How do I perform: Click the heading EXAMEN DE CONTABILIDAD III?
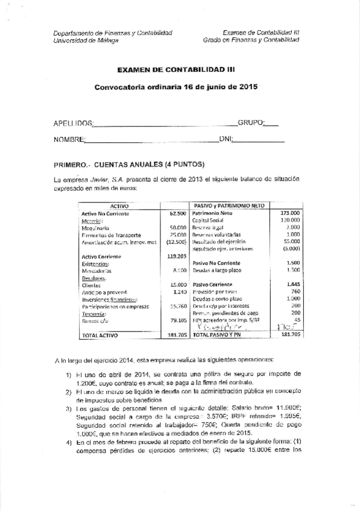tap(175, 70)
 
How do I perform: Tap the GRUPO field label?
tap(251, 123)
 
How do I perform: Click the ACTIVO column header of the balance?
tap(121, 206)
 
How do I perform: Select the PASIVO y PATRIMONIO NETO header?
tap(229, 206)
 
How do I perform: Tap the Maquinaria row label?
tap(95, 228)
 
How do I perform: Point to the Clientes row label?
tap(90, 285)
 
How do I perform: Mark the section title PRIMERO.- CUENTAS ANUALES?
tap(130, 164)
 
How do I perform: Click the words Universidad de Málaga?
tap(86, 40)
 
